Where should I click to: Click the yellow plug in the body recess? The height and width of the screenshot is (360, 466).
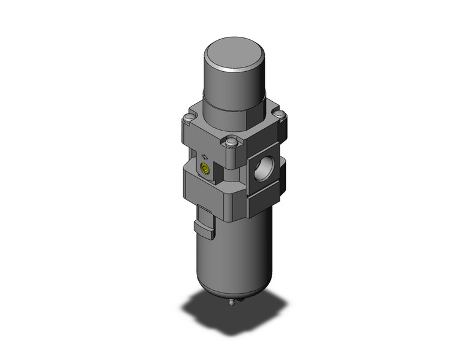point(204,168)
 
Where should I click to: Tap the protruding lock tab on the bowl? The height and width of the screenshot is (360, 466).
point(205,226)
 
